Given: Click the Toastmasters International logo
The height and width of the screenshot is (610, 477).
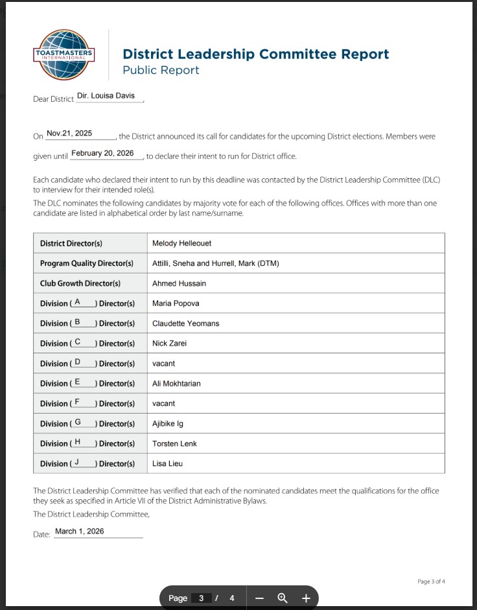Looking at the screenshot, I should point(64,54).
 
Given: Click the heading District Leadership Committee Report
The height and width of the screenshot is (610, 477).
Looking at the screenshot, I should point(256,54).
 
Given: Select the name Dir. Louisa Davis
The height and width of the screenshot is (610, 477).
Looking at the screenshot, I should point(106,96).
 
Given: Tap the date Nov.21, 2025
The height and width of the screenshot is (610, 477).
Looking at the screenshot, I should point(69,134).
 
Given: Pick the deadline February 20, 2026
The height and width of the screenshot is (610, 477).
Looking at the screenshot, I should point(102,154).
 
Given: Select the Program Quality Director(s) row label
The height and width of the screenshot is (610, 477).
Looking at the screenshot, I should point(87,263).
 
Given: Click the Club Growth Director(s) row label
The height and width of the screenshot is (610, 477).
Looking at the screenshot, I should point(80,283).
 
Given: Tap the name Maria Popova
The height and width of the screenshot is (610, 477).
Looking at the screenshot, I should point(176,303).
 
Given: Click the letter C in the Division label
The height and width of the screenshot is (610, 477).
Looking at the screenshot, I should point(78,342).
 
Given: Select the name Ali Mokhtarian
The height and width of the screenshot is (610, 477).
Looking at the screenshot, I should point(176,384).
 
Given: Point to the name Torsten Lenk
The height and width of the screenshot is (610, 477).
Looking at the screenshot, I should point(174,444).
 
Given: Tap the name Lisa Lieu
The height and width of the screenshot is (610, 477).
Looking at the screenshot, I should point(168,464).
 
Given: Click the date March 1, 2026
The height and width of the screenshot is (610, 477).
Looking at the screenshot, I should point(79,532).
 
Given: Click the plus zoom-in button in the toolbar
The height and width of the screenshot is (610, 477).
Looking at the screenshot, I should point(306,598).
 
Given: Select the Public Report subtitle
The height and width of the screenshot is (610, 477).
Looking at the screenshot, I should point(161,70).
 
